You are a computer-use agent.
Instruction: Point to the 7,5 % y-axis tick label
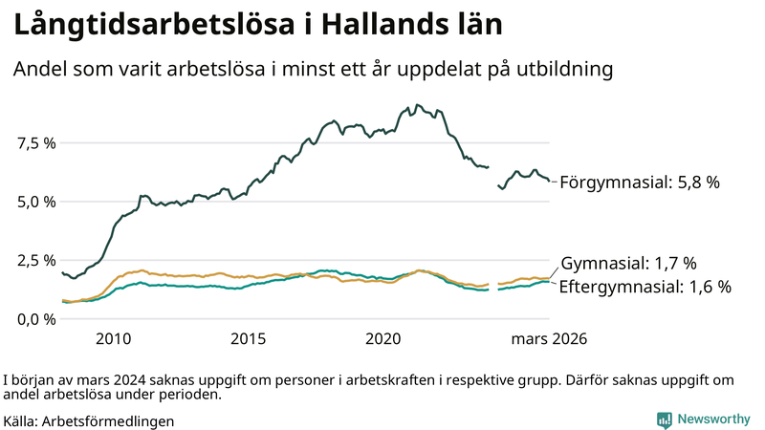[x=36, y=143]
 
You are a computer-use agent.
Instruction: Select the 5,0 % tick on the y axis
[x=36, y=202]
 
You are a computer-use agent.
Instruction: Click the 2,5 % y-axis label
[x=36, y=260]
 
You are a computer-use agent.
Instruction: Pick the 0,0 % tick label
[x=36, y=318]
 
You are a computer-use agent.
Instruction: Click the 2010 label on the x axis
[x=113, y=338]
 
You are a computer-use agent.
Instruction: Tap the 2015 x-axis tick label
[x=249, y=338]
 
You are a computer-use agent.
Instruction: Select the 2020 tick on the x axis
[x=383, y=338]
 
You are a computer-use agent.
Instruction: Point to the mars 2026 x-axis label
[x=549, y=338]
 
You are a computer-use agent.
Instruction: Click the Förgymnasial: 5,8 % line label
[x=639, y=182]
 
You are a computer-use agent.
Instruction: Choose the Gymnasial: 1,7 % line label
[x=628, y=264]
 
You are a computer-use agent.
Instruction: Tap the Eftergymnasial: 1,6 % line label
[x=645, y=287]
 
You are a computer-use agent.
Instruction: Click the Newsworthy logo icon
[x=664, y=419]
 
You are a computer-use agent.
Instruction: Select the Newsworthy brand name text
[x=713, y=419]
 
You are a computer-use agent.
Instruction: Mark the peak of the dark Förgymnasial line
[x=418, y=105]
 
